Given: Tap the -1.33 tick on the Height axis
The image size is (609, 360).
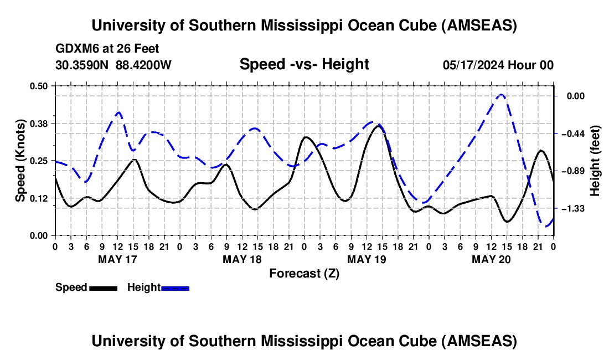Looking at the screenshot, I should tap(580, 208).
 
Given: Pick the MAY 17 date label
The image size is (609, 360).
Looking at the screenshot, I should tap(117, 259).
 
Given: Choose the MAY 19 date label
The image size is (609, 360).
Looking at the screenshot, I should tap(367, 259).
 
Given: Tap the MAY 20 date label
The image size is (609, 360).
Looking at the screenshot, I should tap(491, 259).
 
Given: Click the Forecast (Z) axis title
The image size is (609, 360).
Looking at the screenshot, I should tap(304, 273).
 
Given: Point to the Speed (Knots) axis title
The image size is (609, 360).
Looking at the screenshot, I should tap(20, 161).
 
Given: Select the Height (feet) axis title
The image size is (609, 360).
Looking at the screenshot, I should tap(595, 161).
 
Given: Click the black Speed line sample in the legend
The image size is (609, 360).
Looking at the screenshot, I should tap(103, 288).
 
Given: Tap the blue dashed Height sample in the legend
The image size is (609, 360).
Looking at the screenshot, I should tap(175, 288).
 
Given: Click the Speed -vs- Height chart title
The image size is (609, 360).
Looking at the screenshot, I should tap(304, 64).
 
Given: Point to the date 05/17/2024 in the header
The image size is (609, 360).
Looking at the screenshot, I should tap(473, 65).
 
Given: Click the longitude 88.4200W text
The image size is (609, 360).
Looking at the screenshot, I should tap(144, 65).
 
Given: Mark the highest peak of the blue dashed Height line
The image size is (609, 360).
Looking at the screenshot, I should tap(501, 95).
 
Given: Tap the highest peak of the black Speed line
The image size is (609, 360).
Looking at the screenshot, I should tap(378, 126).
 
